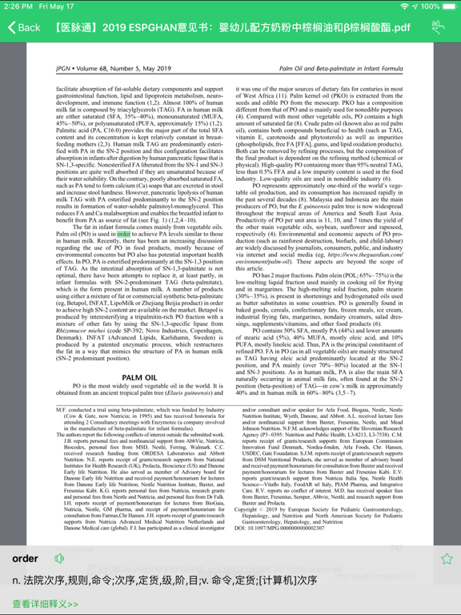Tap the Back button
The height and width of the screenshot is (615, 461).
click(24, 27)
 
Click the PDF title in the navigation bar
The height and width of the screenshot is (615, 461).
click(232, 27)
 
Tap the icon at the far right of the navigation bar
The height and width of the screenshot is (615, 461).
click(438, 27)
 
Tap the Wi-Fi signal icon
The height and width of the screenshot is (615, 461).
click(406, 6)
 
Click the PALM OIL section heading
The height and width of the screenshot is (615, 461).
click(140, 377)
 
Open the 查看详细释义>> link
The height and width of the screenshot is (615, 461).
click(46, 604)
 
